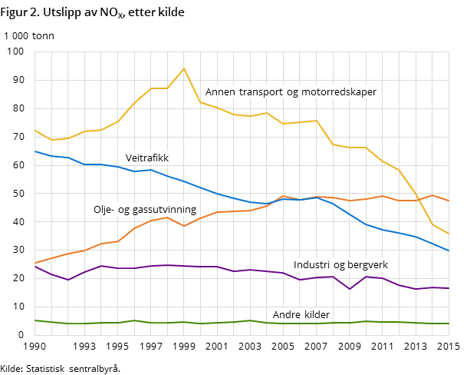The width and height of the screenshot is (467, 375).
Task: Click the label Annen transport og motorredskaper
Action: tap(291, 92)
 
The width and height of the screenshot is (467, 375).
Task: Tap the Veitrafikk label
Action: tap(147, 158)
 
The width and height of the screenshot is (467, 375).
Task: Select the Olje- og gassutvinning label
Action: tap(145, 210)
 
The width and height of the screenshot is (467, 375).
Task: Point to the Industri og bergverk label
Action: tap(340, 265)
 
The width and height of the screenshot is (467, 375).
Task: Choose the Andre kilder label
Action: tap(301, 315)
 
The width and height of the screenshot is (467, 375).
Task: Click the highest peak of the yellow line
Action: tap(184, 68)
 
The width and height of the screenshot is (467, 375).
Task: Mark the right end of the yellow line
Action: tap(449, 234)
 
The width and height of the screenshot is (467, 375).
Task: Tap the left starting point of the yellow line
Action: tap(35, 131)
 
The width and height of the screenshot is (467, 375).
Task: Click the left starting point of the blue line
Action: tap(35, 151)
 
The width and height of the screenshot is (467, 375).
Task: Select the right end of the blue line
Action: tap(449, 251)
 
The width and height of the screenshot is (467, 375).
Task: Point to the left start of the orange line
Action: tap(35, 264)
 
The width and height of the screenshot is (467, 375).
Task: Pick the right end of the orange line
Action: tap(449, 201)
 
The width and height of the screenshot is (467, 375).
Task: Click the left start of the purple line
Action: tap(35, 266)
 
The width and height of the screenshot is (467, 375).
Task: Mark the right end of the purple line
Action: tap(449, 288)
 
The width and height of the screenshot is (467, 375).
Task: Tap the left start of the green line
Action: tap(35, 320)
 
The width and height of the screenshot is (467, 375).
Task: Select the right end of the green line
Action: tap(449, 324)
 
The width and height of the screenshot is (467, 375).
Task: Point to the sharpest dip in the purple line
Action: tap(350, 289)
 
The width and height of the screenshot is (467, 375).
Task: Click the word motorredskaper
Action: tap(337, 92)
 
